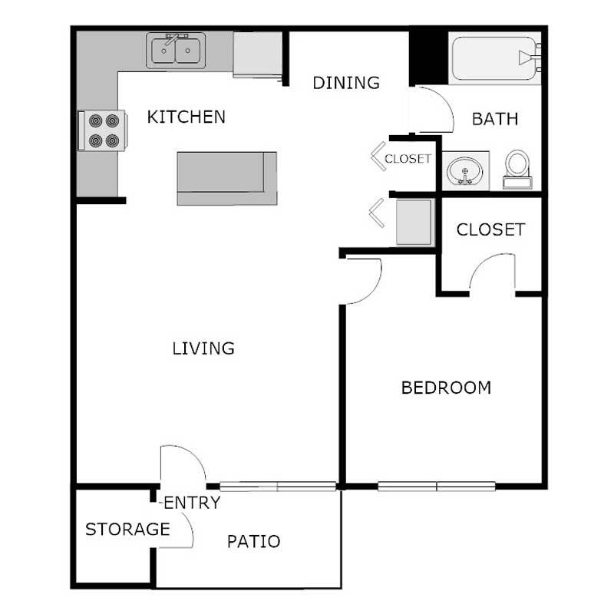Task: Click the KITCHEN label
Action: (x=187, y=117)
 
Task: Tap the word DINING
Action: (x=347, y=82)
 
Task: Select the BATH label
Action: (x=494, y=119)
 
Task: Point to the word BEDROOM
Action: (x=446, y=388)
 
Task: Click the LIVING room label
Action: (x=203, y=348)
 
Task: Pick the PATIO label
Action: (x=253, y=541)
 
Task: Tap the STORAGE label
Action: (x=127, y=529)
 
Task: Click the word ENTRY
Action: (x=192, y=503)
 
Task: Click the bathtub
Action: (x=495, y=58)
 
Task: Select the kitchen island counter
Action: (x=226, y=178)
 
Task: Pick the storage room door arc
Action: (x=181, y=530)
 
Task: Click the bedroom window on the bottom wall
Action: (x=437, y=485)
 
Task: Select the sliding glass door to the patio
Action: (x=277, y=485)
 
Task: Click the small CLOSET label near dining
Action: (x=408, y=160)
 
